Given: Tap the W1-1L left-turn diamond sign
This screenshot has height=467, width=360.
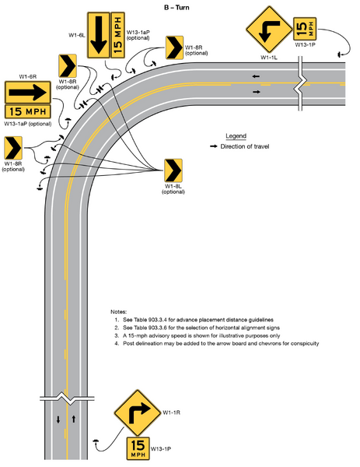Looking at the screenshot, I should coord(267,30).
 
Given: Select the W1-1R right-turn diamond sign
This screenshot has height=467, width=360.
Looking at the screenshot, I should coord(135,413).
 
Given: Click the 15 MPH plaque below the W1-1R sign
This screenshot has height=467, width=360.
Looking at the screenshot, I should coord(137,448).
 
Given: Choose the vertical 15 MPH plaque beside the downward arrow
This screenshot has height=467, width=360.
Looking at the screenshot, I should coord(118,36).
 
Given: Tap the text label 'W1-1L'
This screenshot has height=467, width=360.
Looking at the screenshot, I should coord(270,58).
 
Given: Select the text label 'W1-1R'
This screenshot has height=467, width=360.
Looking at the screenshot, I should coord(172,411).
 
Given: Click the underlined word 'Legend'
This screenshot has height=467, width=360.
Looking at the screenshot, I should coord(235,135).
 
